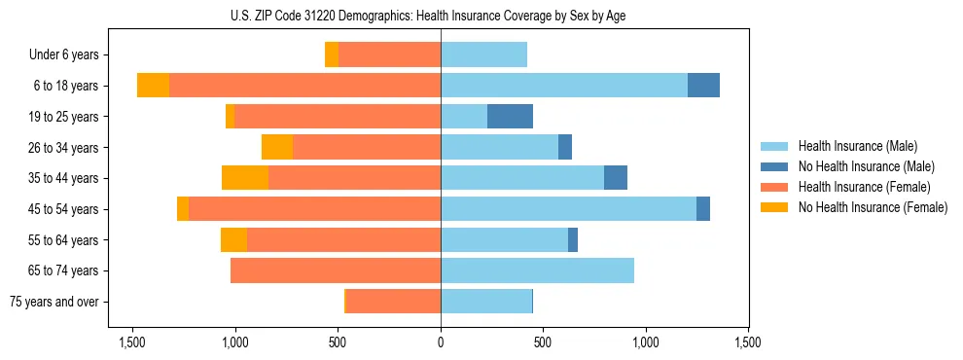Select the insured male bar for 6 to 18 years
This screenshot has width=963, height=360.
point(564,86)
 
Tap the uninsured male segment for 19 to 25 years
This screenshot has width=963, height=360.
point(510,117)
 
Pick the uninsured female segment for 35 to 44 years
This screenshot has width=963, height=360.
point(245,178)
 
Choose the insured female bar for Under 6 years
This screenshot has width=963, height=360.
point(389,54)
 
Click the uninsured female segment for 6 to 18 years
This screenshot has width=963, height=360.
point(153,86)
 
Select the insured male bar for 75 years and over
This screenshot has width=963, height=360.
point(486,302)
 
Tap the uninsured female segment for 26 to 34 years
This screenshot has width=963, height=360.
point(277,147)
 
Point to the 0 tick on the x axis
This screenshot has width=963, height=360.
point(441,342)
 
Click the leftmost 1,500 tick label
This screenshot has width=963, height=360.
point(132,342)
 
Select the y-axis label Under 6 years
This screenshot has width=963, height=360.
point(63,55)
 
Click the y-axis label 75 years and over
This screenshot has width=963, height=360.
point(54,302)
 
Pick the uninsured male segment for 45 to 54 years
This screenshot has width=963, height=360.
point(703,209)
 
